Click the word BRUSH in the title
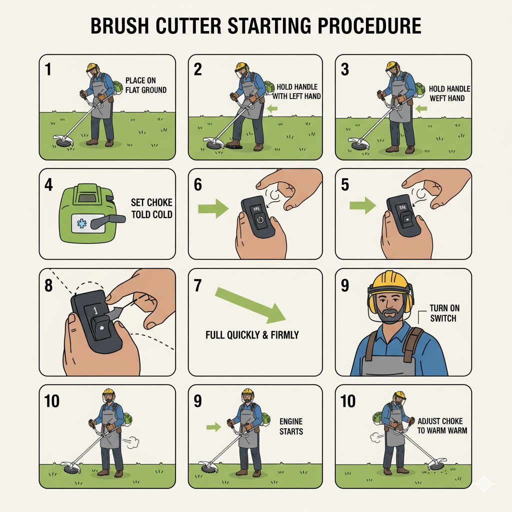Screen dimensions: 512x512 (119, 26)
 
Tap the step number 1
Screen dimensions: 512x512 (48, 69)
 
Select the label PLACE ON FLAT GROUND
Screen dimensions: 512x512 (146, 85)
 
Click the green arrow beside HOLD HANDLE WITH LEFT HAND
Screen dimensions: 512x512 (272, 108)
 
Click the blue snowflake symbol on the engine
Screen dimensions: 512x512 (81, 223)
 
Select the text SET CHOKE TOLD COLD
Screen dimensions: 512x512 (152, 208)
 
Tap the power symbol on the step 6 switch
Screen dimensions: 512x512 (260, 219)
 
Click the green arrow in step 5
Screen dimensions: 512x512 (363, 205)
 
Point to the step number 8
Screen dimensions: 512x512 (48, 285)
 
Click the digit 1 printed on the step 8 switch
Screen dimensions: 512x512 (95, 310)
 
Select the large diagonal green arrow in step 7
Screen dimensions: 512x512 (250, 305)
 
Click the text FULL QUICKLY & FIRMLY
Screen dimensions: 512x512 (252, 335)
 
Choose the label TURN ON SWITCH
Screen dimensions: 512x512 (444, 313)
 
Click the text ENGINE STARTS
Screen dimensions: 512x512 (291, 426)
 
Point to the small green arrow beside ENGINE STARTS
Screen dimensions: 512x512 (213, 427)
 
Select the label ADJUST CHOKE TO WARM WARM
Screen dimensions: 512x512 (442, 426)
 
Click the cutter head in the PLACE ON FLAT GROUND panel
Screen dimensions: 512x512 (64, 141)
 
